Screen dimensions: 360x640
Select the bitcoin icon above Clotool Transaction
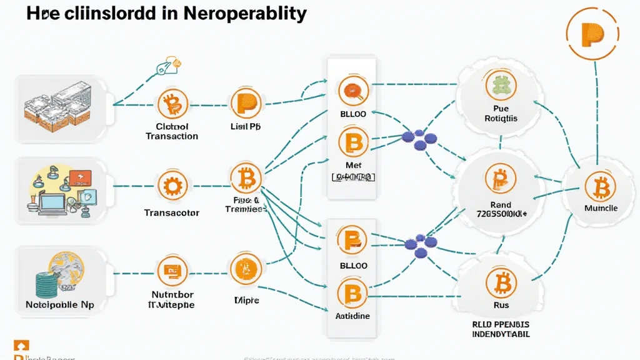pos(172,104)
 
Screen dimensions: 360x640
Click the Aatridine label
pos(352,316)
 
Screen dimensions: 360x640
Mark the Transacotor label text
pos(172,212)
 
